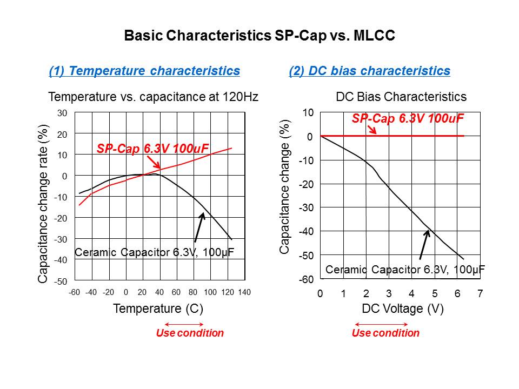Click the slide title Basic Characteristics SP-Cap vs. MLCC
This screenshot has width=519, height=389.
(259, 36)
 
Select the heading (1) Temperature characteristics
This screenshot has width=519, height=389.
(144, 71)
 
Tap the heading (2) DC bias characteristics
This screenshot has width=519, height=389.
(369, 71)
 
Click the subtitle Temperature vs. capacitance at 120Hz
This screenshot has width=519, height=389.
(153, 97)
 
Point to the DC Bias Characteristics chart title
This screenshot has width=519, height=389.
(401, 97)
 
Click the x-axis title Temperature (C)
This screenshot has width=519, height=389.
(158, 309)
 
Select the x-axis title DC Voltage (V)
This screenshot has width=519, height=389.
(402, 309)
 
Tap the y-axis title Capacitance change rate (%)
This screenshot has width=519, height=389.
(43, 204)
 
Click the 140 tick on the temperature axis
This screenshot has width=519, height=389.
(244, 292)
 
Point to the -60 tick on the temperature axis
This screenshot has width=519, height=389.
(74, 292)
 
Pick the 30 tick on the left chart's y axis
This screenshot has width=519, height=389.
(62, 113)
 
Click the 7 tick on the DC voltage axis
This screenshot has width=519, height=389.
(480, 294)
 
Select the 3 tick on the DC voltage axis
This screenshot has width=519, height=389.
(389, 294)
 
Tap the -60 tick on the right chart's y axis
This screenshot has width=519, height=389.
(306, 279)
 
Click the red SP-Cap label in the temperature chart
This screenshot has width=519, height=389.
(153, 149)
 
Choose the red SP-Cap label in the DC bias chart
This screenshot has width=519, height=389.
(408, 119)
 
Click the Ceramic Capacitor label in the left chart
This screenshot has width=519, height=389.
(154, 252)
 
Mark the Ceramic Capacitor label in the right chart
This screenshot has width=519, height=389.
(405, 269)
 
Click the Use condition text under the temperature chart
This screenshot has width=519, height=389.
(190, 333)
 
